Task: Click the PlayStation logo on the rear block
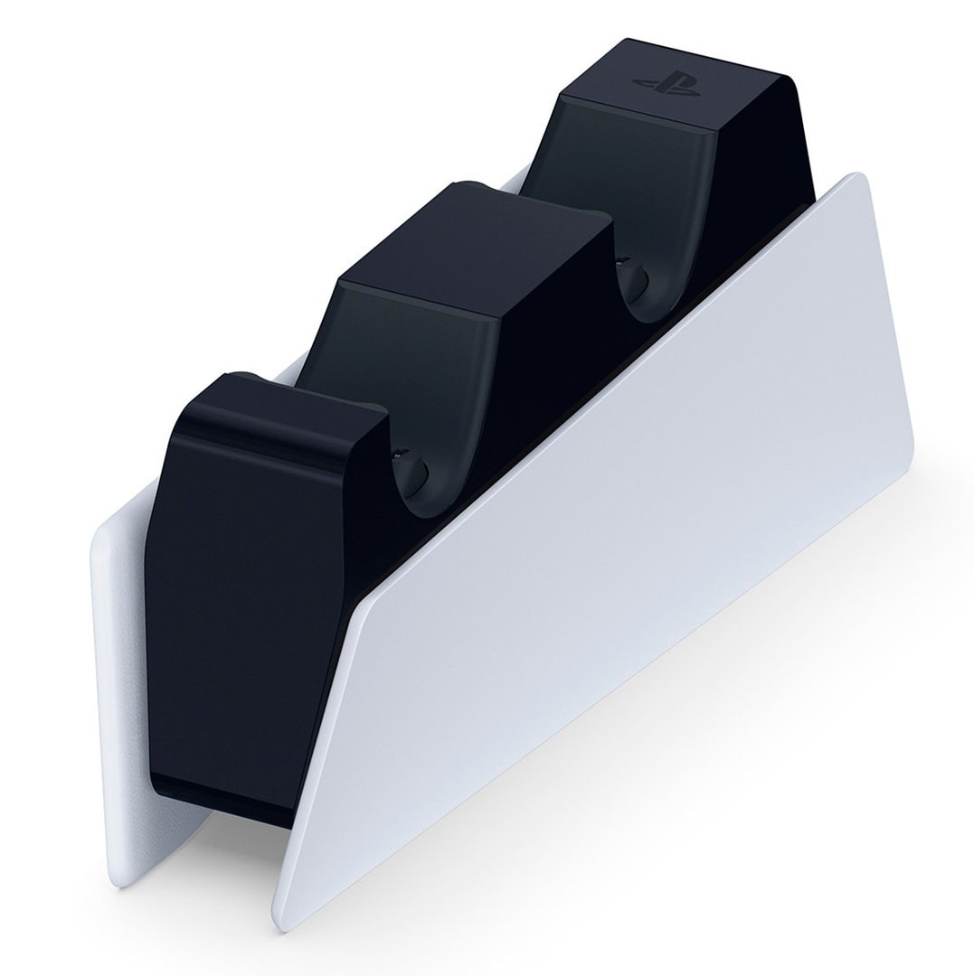point(668,84)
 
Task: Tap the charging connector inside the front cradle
point(411,469)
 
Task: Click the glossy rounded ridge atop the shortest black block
point(298,398)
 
